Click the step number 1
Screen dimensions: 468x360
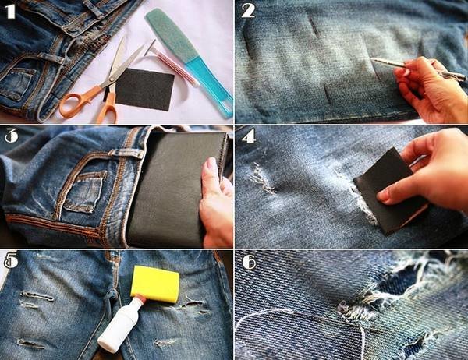10,12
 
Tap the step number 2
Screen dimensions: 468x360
248,11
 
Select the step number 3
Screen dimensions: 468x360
11,136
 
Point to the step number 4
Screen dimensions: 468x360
249,136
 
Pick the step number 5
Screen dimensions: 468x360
11,260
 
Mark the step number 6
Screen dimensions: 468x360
249,262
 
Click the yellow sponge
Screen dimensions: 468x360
155,284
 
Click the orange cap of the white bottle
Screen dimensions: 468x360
141,298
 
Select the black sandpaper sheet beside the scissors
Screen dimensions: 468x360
145,89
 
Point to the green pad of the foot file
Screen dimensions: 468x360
172,34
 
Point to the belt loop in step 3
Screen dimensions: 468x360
126,154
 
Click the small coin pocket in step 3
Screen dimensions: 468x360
86,191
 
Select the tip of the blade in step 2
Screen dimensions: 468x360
371,58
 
